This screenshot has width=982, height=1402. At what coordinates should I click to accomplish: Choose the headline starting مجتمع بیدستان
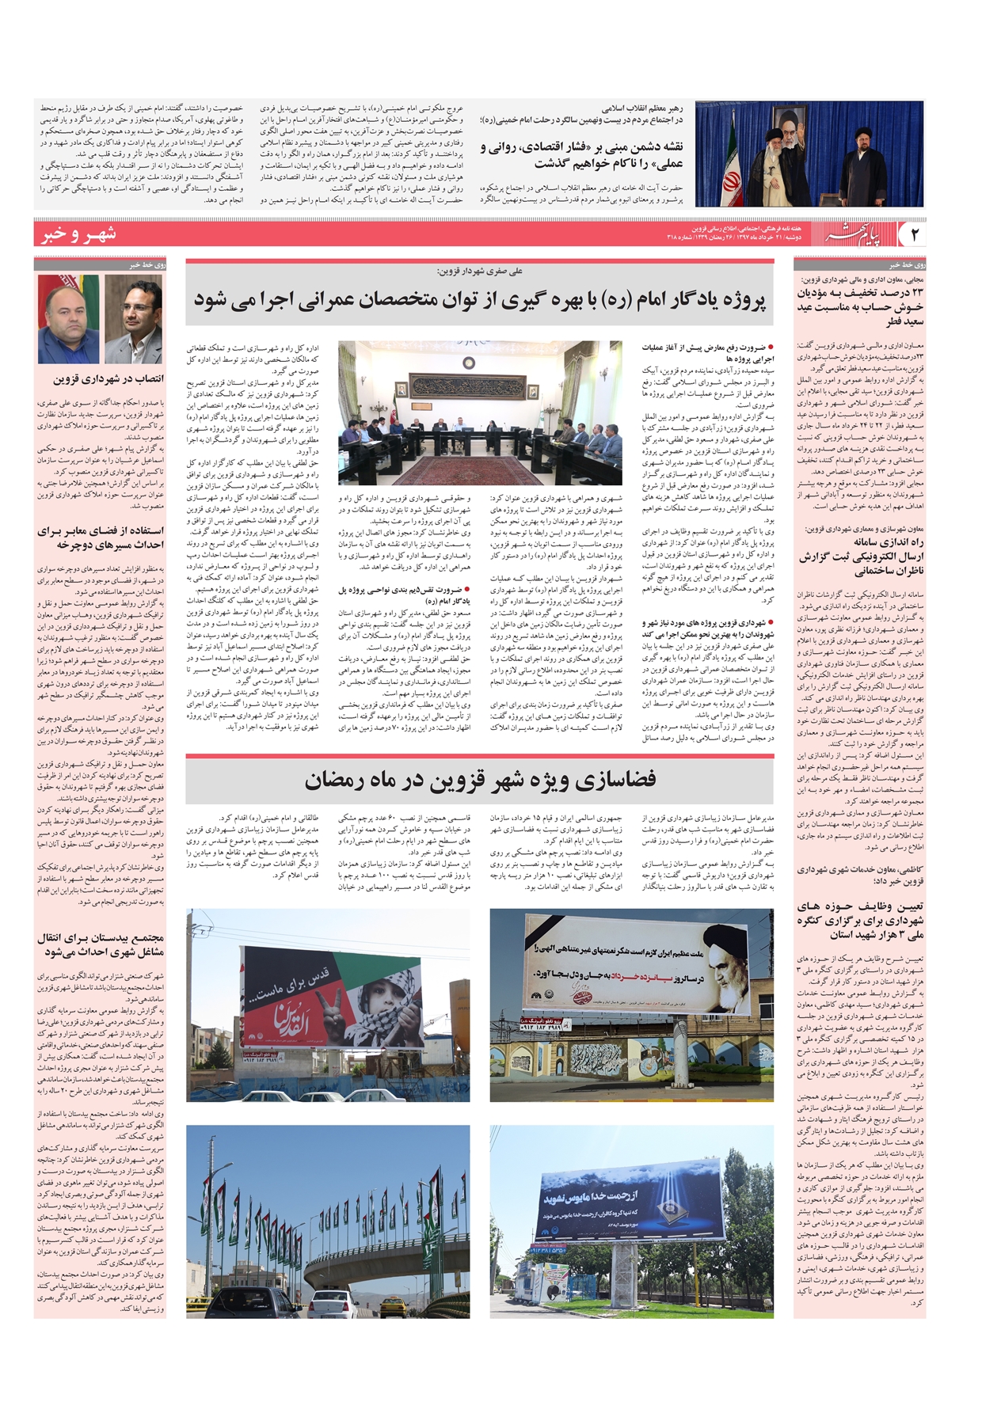99,944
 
